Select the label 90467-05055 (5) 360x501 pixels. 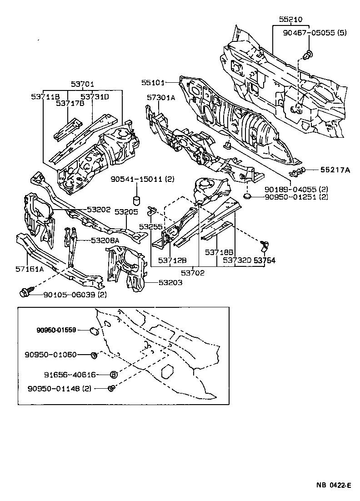(308, 32)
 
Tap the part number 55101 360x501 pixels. (152, 83)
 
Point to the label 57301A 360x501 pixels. (161, 97)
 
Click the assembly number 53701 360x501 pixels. (82, 84)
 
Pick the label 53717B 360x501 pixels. (70, 103)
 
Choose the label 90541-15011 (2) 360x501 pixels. (142, 180)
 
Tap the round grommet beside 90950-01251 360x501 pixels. (248, 197)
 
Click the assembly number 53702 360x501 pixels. (192, 273)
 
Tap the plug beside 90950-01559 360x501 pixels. (94, 330)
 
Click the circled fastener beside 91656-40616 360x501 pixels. (114, 375)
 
